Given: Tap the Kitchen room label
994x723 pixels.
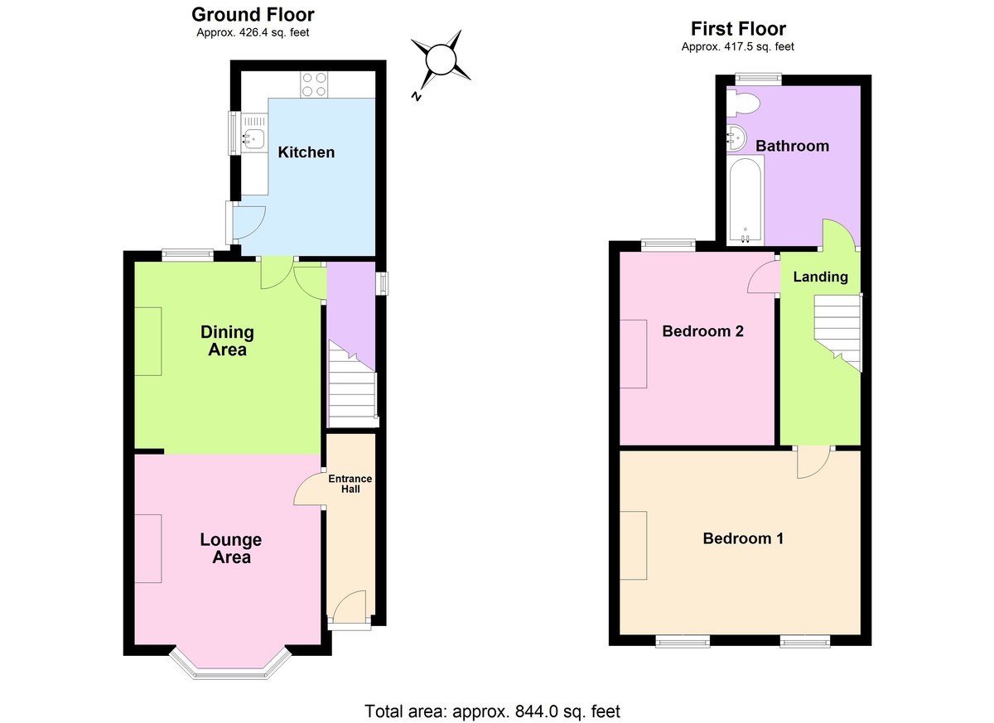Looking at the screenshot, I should point(306,152).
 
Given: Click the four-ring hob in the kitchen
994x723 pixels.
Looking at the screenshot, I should point(313,84).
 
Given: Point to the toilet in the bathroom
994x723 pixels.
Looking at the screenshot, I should point(743,104).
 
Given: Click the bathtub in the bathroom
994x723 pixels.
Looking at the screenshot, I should point(745,201).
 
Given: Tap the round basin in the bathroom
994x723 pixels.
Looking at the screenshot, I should point(737,137).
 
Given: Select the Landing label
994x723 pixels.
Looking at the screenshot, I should point(820,277).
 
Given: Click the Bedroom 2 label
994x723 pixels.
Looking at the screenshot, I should point(702,331).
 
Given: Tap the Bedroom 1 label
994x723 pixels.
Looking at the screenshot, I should point(743,538).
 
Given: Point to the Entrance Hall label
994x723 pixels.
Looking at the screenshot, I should point(350,484).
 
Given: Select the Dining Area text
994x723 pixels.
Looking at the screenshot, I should point(227,340).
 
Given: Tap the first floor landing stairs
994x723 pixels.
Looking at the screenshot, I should point(837,331).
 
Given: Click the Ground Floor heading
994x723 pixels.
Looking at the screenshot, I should point(253,14).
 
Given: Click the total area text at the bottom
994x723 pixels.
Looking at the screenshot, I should point(492,711).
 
